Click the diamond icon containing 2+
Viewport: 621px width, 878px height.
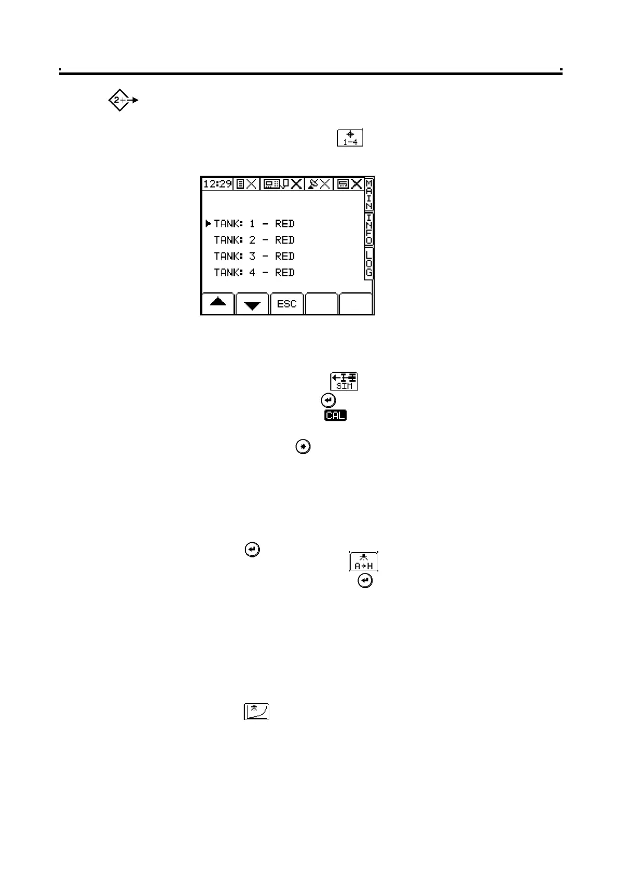(120, 100)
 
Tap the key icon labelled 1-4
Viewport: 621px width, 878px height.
(350, 138)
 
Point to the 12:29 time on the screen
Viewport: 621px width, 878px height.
(217, 184)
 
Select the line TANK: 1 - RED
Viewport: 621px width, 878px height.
(254, 224)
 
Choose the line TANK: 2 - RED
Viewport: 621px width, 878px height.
(254, 240)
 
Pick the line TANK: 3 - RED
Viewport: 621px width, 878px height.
(254, 257)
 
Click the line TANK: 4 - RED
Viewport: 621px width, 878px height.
(254, 273)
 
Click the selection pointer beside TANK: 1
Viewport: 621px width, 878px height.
(208, 224)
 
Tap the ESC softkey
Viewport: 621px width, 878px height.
(286, 304)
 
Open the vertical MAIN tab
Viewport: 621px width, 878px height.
(369, 194)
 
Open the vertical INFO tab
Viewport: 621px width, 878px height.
(369, 229)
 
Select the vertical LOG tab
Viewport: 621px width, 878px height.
(369, 263)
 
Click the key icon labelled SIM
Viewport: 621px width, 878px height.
(344, 381)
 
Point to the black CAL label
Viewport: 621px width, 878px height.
(335, 416)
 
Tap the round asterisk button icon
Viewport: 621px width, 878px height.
(303, 447)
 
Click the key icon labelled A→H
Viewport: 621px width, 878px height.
(364, 562)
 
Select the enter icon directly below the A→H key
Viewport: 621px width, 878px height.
(365, 581)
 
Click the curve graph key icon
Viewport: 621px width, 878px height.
(256, 712)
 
